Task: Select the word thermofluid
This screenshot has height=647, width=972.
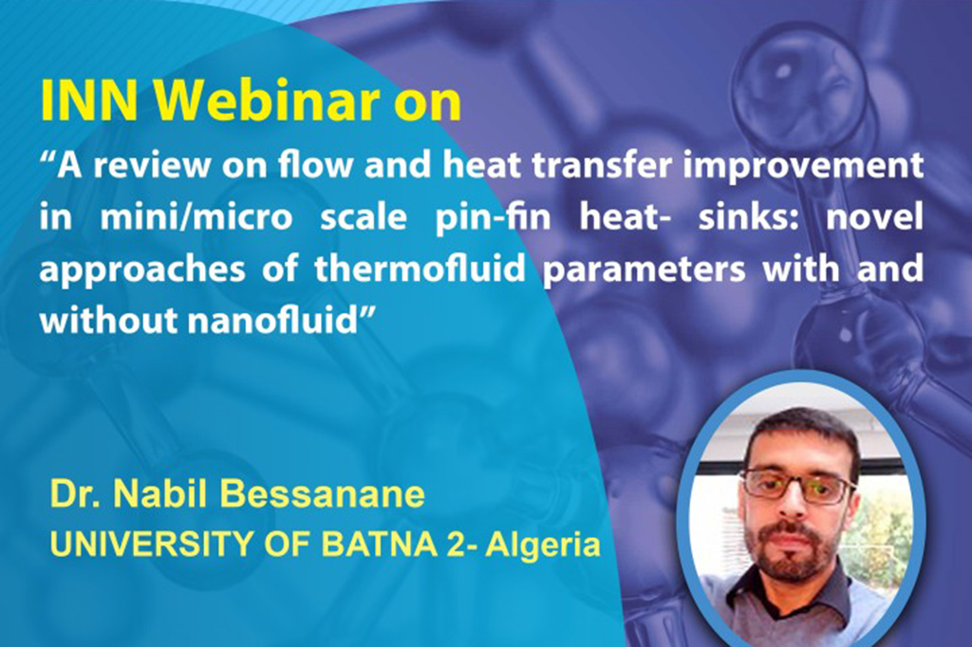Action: [420, 269]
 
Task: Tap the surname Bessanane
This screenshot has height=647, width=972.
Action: [323, 494]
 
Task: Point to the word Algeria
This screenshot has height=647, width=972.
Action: [543, 545]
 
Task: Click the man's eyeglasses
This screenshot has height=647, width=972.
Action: [797, 486]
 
